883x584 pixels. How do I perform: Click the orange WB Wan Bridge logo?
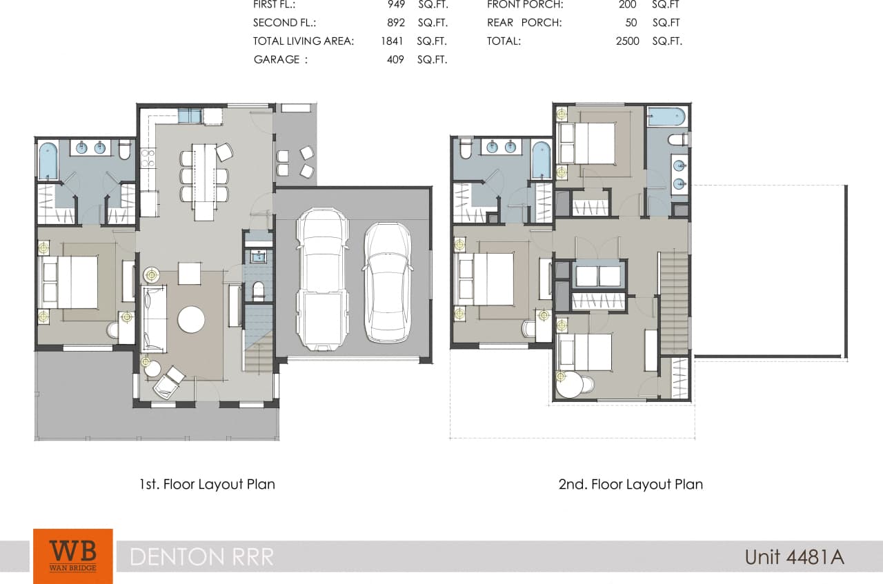coord(72,555)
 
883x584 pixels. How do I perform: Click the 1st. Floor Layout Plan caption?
coord(207,484)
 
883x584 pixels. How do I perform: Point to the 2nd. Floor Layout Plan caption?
coord(631,484)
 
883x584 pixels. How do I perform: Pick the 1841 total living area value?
coord(392,41)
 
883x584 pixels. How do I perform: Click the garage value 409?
coord(395,59)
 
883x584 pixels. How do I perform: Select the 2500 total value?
coord(628,41)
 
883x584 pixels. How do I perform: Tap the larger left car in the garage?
coord(322,278)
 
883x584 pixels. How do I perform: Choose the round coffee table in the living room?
coord(191,319)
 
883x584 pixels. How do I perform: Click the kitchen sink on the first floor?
coord(189,116)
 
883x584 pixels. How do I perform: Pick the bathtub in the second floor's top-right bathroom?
coord(666,117)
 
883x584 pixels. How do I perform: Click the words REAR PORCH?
coord(524,22)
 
